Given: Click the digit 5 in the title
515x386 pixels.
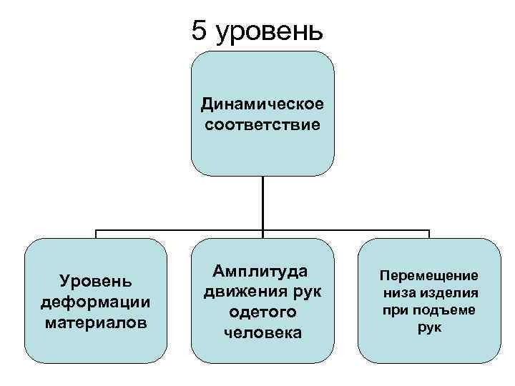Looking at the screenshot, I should pyautogui.click(x=200, y=31).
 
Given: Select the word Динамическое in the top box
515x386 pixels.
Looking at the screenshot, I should pyautogui.click(x=262, y=105).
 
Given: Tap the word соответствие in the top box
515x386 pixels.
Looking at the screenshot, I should pyautogui.click(x=262, y=125).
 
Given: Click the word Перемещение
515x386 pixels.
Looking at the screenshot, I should pyautogui.click(x=429, y=276).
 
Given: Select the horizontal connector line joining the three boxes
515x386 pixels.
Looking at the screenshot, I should pyautogui.click(x=179, y=232).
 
